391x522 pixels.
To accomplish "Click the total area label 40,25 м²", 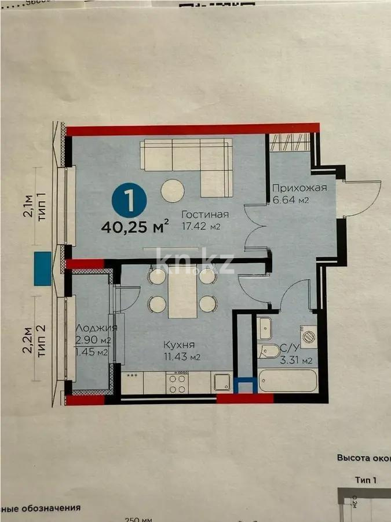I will click(x=135, y=224).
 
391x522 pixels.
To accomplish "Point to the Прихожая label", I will click(x=299, y=187).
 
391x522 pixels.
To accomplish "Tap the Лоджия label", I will click(x=96, y=328).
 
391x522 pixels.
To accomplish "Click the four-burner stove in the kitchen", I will click(x=177, y=382).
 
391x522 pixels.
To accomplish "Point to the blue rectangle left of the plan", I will click(x=42, y=269).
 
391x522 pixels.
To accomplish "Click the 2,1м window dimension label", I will click(x=27, y=206).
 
